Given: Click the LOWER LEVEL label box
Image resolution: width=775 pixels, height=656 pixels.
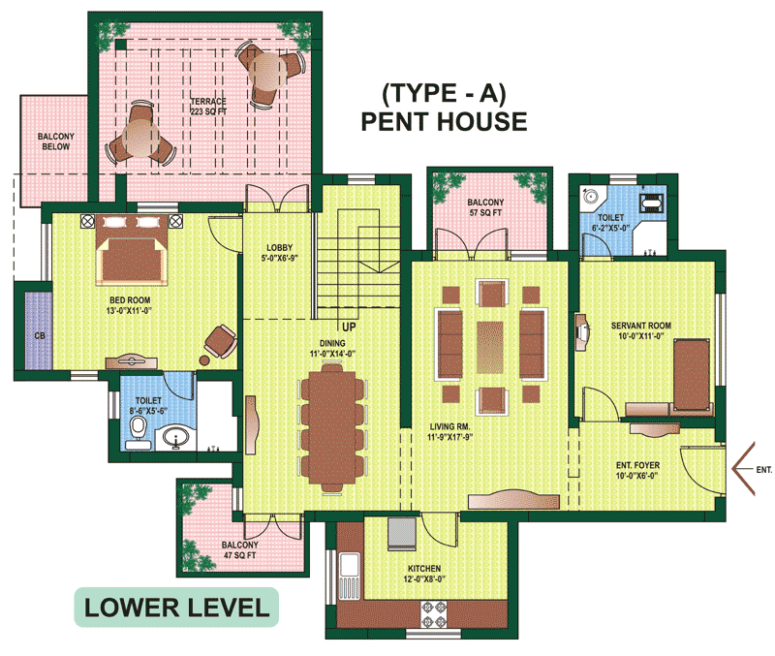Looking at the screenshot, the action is pos(176,607).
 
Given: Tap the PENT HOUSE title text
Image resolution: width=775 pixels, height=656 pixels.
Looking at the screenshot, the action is pos(444,122).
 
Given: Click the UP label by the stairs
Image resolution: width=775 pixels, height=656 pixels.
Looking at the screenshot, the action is pos(349,327).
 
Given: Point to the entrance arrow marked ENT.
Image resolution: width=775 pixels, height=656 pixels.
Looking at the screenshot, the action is pos(743,469).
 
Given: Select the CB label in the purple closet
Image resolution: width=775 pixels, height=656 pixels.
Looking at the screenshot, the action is pos(40,335).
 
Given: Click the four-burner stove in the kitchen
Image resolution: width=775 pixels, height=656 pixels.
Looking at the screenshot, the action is pos(434,614).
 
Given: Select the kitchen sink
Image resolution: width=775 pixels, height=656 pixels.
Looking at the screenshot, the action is pos(350,577).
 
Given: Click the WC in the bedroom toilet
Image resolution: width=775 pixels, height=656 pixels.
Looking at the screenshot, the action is pos(138,432).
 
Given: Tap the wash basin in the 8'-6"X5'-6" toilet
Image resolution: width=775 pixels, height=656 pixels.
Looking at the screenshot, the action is pos(175,438).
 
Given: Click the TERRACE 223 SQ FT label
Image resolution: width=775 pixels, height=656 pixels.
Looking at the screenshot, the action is pos(208,107).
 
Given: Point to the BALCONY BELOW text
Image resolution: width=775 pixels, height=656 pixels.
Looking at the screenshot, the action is pos(56,141).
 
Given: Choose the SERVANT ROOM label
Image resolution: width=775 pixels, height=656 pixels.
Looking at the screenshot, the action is pos(641,326).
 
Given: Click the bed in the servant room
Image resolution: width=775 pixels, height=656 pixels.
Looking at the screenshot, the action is pos(692,374).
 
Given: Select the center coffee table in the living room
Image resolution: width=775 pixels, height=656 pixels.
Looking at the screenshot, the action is pos(490,347).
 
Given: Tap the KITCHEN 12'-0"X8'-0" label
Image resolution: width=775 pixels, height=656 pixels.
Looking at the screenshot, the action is pos(424,574).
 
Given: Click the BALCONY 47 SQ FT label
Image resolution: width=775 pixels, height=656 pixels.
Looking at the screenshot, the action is pos(240,549).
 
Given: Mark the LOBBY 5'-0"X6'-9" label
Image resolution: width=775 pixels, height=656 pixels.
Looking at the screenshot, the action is pos(280,253).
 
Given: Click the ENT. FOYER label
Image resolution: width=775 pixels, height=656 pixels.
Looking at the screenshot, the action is pos(637,465).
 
